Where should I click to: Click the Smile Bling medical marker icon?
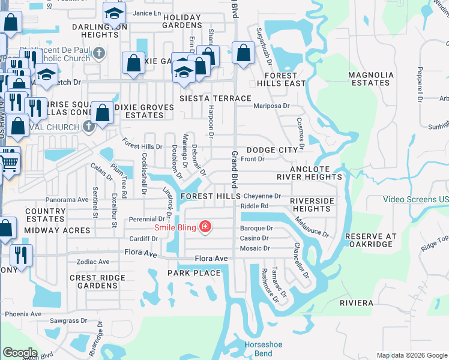(x=205, y=227)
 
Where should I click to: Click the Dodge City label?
(x=272, y=150)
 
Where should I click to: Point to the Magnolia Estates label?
(x=372, y=79)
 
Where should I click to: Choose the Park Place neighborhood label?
(x=194, y=273)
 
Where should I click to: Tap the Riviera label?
(x=356, y=303)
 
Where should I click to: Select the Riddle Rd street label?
(x=254, y=206)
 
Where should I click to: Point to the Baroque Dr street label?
(x=256, y=229)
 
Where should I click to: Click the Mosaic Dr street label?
(x=255, y=248)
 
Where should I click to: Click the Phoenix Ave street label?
(x=23, y=314)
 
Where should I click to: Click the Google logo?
(x=20, y=352)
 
